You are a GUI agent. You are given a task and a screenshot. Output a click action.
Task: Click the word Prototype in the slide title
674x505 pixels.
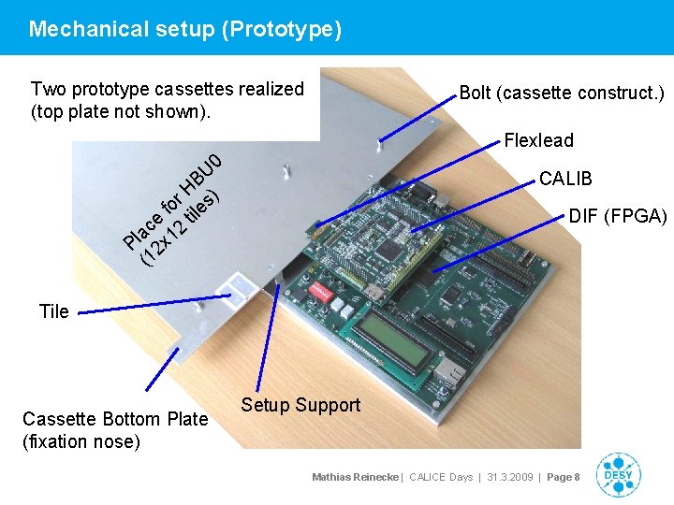282,29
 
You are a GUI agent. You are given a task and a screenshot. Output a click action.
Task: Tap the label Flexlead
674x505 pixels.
538,141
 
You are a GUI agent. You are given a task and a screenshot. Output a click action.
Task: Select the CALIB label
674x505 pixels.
565,179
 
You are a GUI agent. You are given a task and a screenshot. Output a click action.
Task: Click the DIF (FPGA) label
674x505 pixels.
618,217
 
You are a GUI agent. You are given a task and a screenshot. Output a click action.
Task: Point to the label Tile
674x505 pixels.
54,311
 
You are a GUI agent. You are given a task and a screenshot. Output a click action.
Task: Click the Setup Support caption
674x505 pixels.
300,405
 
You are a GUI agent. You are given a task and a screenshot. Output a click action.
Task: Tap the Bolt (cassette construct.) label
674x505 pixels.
562,93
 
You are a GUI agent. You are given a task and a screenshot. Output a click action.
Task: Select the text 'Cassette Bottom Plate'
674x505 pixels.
115,419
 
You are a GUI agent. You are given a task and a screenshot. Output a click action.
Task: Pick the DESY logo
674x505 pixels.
619,475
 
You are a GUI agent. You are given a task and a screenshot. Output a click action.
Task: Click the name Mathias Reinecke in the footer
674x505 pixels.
356,477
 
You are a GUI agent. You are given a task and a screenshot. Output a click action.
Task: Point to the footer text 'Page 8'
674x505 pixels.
564,477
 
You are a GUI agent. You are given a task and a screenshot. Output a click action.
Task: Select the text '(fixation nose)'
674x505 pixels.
81,441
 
